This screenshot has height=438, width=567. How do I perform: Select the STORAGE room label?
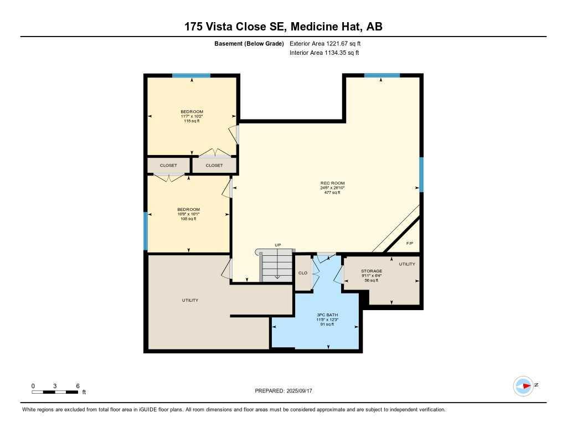(372, 271)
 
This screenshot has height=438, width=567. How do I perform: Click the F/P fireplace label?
(410, 244)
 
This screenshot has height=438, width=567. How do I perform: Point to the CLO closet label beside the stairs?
(303, 273)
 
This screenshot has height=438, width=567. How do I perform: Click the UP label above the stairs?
(278, 245)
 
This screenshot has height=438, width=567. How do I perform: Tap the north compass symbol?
(524, 386)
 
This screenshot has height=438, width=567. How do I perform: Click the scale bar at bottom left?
(55, 392)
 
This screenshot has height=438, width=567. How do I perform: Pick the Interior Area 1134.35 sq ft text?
(324, 53)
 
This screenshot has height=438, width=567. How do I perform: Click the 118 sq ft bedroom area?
(192, 121)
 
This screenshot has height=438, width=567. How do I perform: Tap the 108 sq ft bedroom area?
(188, 219)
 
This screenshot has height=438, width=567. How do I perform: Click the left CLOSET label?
(168, 166)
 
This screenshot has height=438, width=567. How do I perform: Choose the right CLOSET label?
(214, 166)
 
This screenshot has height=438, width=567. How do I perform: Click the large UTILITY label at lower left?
(190, 300)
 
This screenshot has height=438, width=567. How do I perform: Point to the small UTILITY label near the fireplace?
(407, 264)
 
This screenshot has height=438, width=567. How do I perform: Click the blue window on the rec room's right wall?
(421, 174)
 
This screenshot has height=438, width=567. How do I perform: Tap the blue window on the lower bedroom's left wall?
(146, 231)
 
